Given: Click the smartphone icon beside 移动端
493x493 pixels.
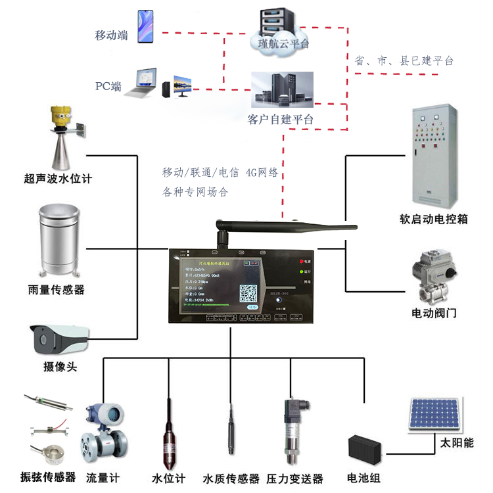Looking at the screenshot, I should click(x=146, y=27).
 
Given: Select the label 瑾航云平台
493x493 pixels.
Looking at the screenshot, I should click(x=280, y=43).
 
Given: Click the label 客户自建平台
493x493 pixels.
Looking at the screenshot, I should click(x=280, y=119).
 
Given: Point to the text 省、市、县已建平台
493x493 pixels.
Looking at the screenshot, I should click(x=404, y=60).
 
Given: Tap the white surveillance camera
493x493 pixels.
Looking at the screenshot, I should click(x=59, y=340).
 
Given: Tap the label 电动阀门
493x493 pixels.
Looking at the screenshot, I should click(x=434, y=313).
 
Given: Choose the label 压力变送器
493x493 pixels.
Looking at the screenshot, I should click(x=295, y=479).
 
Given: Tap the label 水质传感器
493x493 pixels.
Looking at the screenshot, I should click(x=231, y=479).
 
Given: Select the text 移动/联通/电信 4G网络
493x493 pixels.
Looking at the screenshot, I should click(x=221, y=173).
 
